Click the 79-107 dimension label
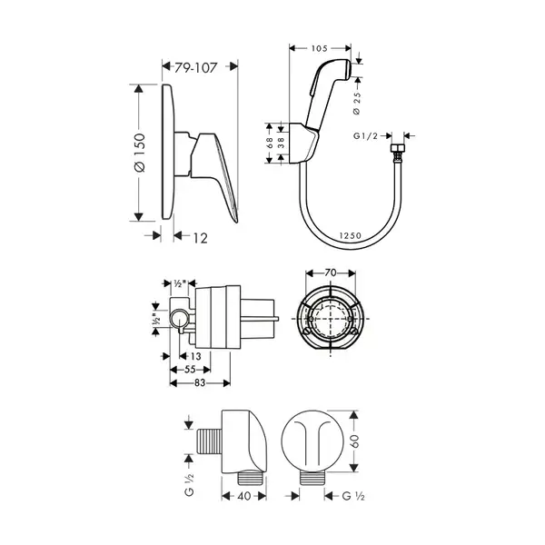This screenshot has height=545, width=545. click(195, 67)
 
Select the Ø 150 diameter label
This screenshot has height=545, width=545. click(139, 153)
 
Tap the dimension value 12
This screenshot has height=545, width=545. click(200, 238)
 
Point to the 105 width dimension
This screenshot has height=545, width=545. click(319, 48)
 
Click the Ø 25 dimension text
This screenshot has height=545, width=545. click(357, 104)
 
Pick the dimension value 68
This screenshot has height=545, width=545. click(270, 144)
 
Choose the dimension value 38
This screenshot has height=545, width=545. click(282, 144)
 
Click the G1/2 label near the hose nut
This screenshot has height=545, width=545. click(365, 136)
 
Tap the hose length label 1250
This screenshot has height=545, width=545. click(351, 235)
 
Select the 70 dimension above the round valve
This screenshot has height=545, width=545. click(331, 272)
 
